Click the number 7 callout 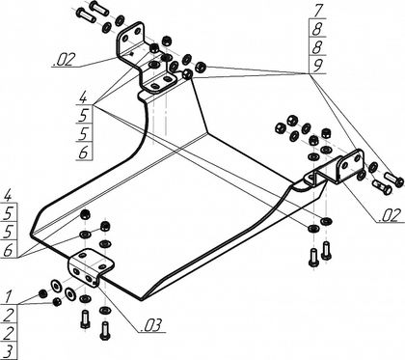click(x=317, y=11)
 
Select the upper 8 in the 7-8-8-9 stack click(x=317, y=29)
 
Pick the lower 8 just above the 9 click(x=317, y=47)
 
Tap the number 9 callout click(x=317, y=66)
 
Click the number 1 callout click(x=9, y=296)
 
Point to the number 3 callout click(x=10, y=351)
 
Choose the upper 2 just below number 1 click(x=9, y=315)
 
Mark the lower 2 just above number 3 click(x=9, y=333)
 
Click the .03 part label click(x=150, y=325)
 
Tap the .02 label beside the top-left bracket click(x=64, y=60)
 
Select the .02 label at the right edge click(x=391, y=215)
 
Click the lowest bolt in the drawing click(x=104, y=330)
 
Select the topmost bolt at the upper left click(x=96, y=7)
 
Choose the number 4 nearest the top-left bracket click(x=83, y=97)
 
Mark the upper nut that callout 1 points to click(x=42, y=293)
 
